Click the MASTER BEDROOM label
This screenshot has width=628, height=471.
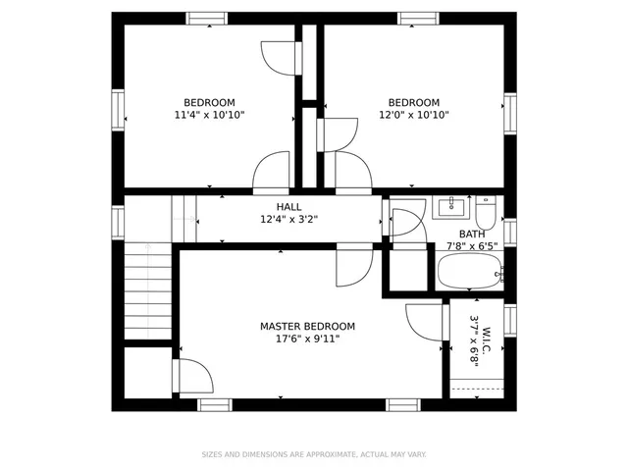tap(307, 327)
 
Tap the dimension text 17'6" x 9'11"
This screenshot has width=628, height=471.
tap(307, 340)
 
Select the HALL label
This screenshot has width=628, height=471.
tap(288, 207)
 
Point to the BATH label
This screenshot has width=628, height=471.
tap(472, 235)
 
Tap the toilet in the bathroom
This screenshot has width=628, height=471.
tap(487, 210)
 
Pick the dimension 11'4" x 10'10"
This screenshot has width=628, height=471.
tap(209, 115)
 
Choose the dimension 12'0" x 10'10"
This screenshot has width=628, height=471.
tap(413, 115)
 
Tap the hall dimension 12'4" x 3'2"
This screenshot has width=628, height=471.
tap(288, 220)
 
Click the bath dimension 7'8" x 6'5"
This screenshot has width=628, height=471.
tap(472, 247)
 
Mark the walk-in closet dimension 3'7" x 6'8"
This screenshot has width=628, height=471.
tap(473, 340)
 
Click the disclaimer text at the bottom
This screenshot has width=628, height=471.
tap(314, 454)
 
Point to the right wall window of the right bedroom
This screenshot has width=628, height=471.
tap(509, 112)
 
